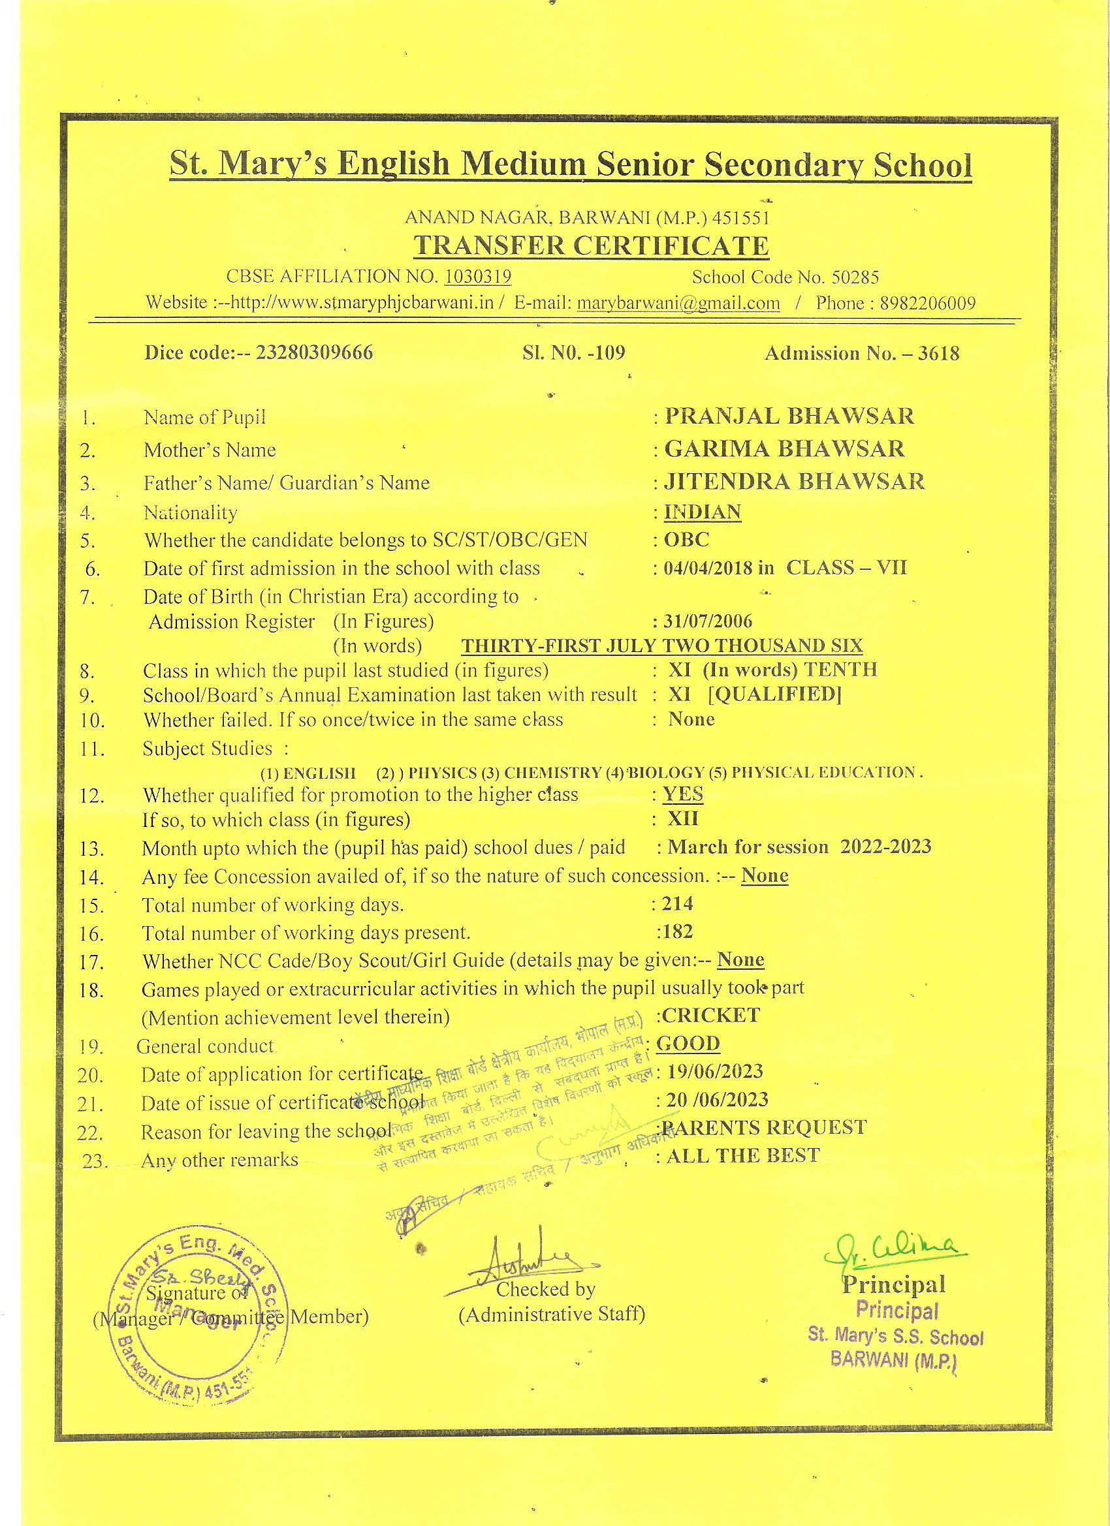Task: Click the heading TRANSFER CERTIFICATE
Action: (591, 246)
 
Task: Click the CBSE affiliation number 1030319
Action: (477, 277)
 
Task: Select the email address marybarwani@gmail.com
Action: (678, 303)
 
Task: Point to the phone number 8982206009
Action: (928, 304)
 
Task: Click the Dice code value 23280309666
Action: (313, 353)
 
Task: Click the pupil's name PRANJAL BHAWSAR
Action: (789, 416)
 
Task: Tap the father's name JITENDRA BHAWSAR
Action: (794, 482)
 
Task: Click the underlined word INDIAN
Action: (702, 512)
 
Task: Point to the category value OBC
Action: (687, 540)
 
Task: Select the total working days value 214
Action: (677, 903)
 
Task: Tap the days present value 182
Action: (677, 931)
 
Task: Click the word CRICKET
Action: (711, 1016)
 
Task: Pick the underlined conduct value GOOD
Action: (688, 1044)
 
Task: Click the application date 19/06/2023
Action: (714, 1071)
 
